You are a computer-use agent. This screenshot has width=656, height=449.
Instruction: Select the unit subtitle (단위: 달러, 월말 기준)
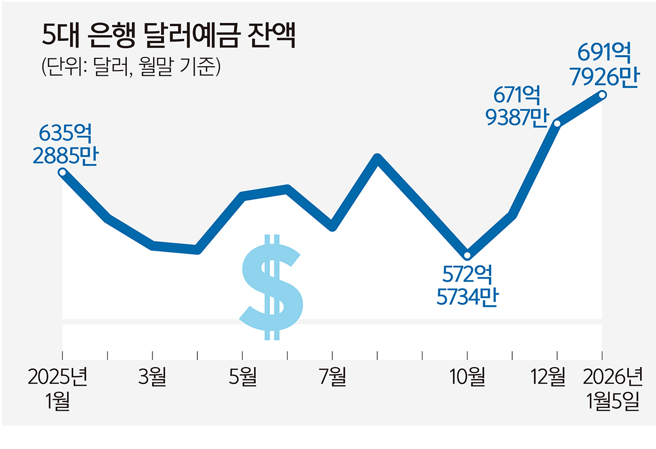131,68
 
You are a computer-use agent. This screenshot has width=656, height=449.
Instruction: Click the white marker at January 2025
63,173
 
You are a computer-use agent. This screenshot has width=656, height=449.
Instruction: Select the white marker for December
557,123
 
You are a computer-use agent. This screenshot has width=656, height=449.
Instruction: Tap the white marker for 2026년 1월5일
602,95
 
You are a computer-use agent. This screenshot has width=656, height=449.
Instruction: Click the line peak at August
377,158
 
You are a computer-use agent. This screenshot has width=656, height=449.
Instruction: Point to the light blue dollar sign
272,287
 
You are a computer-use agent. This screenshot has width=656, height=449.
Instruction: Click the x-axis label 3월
153,377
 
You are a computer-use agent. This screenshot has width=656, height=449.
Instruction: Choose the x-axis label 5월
242,377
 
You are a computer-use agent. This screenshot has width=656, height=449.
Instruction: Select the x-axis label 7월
332,377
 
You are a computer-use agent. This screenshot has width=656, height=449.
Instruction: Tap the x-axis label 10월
467,377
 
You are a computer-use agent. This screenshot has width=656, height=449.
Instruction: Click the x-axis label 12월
548,377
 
